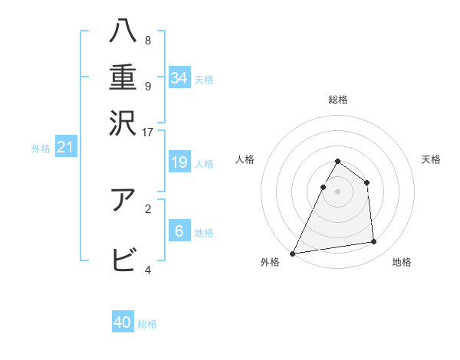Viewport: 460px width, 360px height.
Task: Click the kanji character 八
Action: (x=123, y=33)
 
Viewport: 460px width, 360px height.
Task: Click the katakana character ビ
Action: (x=123, y=260)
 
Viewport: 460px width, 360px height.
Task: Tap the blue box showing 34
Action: (x=179, y=78)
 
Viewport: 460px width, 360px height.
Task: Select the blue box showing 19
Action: (x=179, y=162)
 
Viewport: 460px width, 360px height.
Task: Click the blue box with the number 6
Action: (x=179, y=231)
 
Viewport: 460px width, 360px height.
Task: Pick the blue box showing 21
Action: (x=64, y=147)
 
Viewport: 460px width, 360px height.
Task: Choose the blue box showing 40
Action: (x=123, y=322)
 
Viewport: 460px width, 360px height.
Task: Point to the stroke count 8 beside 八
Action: (x=147, y=40)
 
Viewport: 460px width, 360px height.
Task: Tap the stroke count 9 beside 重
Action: (x=147, y=86)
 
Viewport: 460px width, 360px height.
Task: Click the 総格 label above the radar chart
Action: (x=337, y=100)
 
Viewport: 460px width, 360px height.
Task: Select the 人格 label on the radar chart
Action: (x=245, y=159)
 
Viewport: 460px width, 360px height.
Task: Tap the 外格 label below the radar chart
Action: (x=270, y=263)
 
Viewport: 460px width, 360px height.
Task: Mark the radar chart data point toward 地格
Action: (x=374, y=242)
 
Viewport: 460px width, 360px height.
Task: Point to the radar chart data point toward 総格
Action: (x=337, y=162)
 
